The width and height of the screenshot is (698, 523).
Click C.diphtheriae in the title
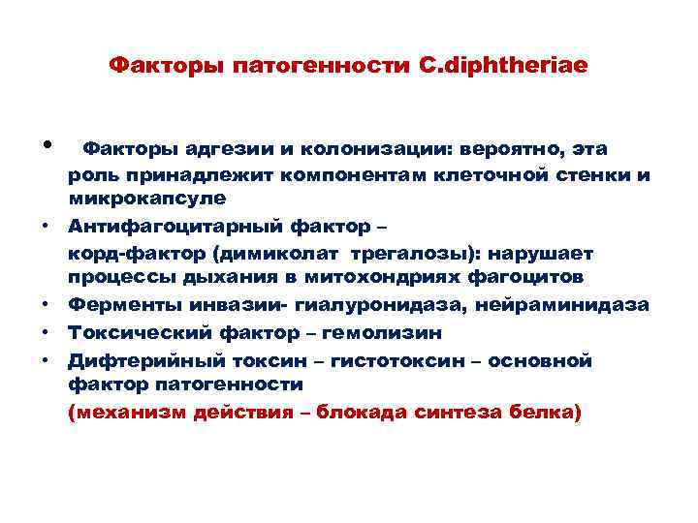point(503,66)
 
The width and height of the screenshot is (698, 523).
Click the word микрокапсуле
point(146,198)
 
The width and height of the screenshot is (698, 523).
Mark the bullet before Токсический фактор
point(47,333)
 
